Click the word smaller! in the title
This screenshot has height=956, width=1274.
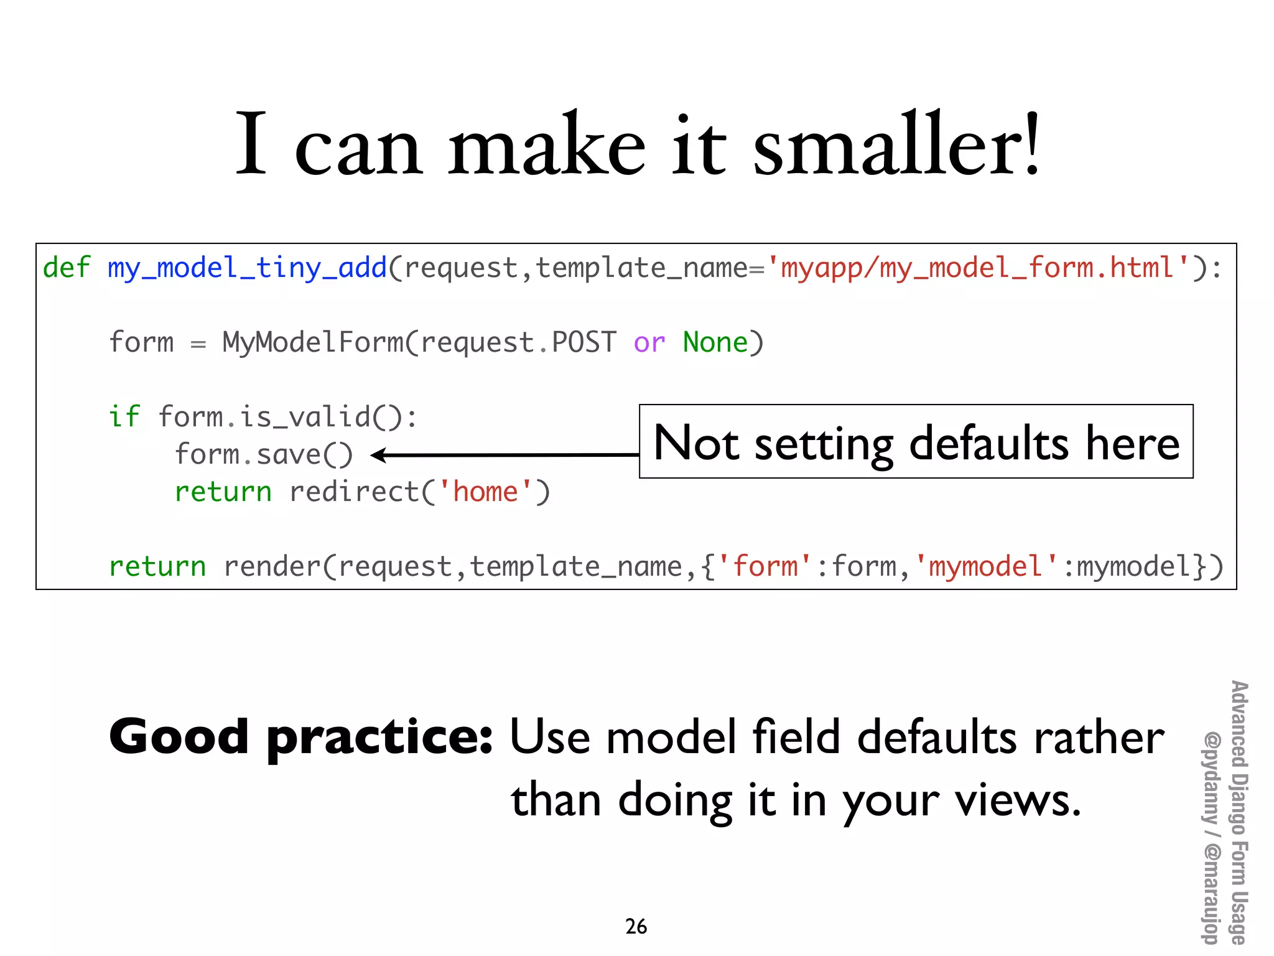[896, 144]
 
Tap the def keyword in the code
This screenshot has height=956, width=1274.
[67, 268]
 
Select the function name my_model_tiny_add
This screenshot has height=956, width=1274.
[247, 268]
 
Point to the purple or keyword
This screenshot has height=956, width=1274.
[649, 343]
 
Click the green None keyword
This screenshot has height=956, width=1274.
[715, 343]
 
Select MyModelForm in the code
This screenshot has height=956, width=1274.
[313, 343]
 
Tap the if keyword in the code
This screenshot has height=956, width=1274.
[124, 417]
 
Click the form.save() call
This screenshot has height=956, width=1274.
[264, 455]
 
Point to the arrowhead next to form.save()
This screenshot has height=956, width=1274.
[378, 455]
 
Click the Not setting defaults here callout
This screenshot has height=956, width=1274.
[916, 442]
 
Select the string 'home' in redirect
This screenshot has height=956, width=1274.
[485, 492]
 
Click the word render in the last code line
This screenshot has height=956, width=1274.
[272, 567]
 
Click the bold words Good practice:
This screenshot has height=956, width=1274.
[301, 737]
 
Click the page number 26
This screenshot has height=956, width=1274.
[636, 927]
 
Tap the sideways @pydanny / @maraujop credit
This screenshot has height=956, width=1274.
[1210, 837]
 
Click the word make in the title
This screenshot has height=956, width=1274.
[546, 144]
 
